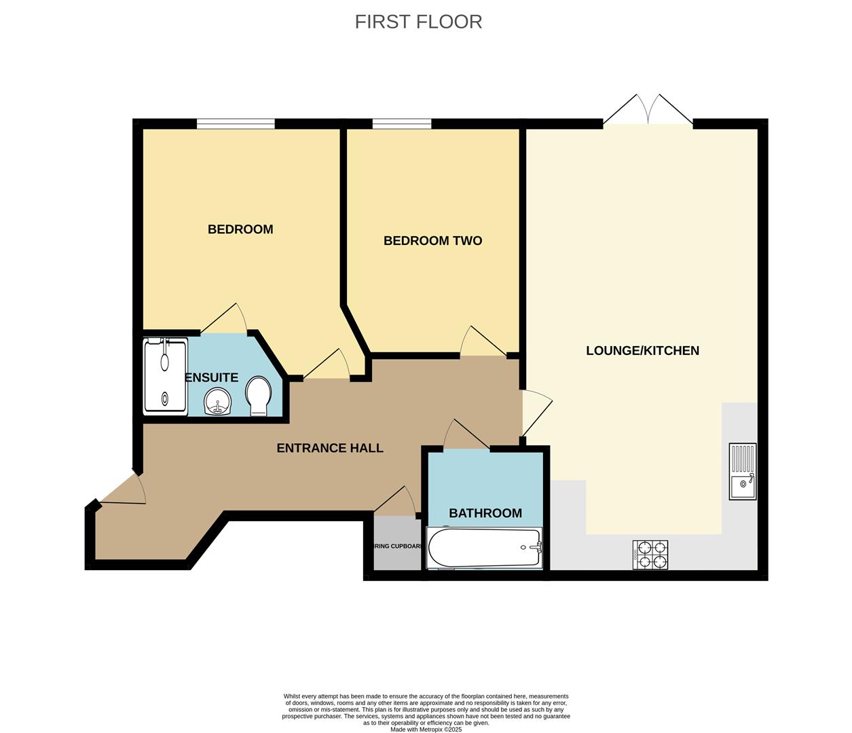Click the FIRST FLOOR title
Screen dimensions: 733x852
(x=418, y=22)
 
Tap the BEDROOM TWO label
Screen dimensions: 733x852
(x=432, y=241)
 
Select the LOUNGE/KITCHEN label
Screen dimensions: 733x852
(x=642, y=351)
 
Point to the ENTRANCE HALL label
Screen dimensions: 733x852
(x=330, y=448)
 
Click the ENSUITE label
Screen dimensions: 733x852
(x=212, y=378)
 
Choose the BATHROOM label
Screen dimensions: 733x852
(x=485, y=513)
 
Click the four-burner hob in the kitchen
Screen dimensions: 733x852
(x=650, y=555)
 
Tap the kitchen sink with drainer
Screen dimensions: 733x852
(x=743, y=472)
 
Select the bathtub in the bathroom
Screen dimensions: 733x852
(x=484, y=548)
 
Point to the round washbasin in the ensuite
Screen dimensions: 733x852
(x=219, y=402)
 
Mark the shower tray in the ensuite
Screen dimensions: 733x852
(x=165, y=377)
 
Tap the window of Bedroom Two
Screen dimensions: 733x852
(x=402, y=124)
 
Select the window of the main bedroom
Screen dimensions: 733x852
(x=236, y=124)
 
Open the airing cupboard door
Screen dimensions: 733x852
(x=397, y=502)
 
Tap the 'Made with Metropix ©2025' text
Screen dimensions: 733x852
(x=426, y=730)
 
